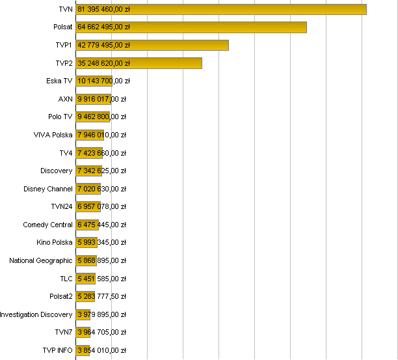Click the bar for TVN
coord(221,9)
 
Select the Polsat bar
coord(191,27)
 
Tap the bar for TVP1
coord(152,45)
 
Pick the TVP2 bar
coord(139,63)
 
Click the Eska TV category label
coord(59,81)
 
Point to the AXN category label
coord(65,99)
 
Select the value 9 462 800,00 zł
coord(101,117)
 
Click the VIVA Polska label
coord(53,135)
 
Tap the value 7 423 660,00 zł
coord(101,153)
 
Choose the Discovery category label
coord(56,171)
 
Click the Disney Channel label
coord(48,189)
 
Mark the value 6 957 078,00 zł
coord(101,206)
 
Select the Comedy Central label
coord(47,225)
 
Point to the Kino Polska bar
coord(86,242)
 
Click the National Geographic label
coord(41,260)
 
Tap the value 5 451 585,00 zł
coord(101,279)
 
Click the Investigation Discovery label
coord(36,314)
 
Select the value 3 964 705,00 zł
coord(101,332)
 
